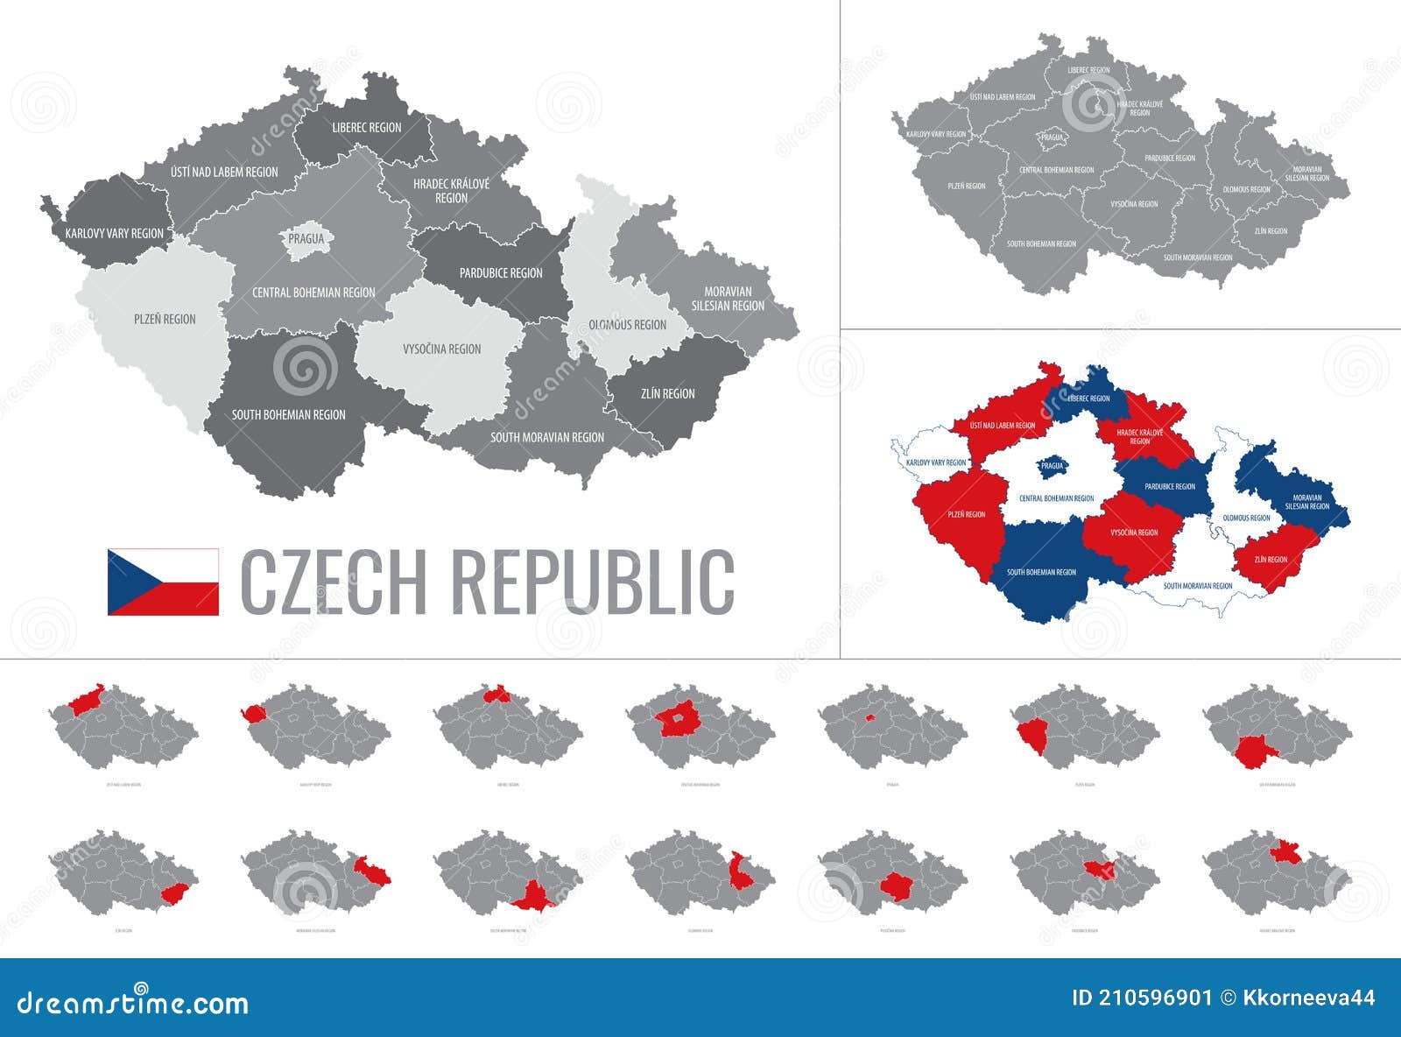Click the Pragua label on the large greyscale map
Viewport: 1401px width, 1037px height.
306,238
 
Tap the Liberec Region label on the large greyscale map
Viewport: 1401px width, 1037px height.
367,128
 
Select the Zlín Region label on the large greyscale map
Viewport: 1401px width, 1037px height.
667,394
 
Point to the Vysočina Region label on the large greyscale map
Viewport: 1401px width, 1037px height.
441,349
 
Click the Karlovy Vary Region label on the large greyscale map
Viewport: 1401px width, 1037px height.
114,234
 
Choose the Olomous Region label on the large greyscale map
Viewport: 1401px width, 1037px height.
627,325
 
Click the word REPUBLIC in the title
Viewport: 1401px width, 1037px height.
592,582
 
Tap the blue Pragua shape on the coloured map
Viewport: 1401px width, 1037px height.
1051,466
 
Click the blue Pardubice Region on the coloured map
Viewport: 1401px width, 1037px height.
1169,487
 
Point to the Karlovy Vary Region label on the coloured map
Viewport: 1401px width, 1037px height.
936,462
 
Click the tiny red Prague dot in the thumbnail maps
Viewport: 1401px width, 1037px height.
869,717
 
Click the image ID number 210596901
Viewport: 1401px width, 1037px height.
1153,998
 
